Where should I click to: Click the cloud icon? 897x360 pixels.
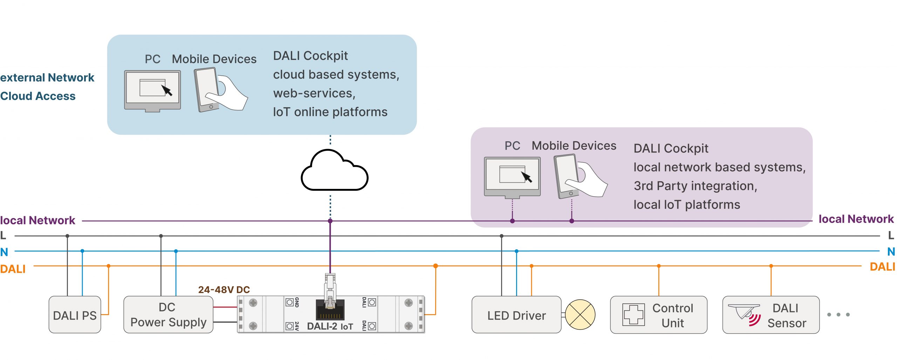[x=334, y=170]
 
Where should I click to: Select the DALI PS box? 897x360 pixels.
[x=75, y=314]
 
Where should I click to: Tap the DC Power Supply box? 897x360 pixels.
[x=169, y=314]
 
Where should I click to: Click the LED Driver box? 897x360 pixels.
[x=516, y=314]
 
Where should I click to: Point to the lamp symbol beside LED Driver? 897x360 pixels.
[x=580, y=314]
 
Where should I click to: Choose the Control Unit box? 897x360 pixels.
[x=659, y=314]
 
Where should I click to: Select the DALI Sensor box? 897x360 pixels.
[x=771, y=314]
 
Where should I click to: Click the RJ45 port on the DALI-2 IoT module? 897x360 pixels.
[x=330, y=310]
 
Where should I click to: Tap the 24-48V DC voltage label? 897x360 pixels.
[x=224, y=290]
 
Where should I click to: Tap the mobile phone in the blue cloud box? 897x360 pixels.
[x=207, y=90]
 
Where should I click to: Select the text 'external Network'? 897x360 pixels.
[x=47, y=77]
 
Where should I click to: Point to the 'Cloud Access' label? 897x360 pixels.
[x=38, y=96]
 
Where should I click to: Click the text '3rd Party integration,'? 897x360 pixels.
[x=696, y=186]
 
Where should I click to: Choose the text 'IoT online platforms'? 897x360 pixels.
[x=330, y=112]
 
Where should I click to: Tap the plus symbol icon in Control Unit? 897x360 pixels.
[x=634, y=314]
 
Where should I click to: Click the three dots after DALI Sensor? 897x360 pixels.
[x=838, y=314]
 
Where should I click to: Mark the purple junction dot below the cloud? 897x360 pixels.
[x=330, y=221]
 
